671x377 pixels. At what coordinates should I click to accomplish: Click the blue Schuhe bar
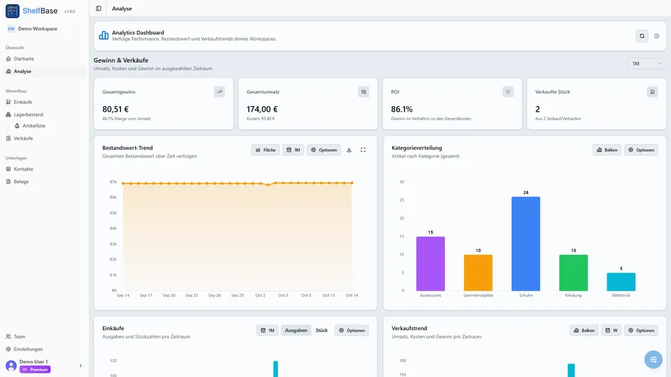pos(526,244)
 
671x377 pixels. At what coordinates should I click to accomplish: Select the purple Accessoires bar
pos(430,264)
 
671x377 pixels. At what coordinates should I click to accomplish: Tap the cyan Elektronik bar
pos(621,282)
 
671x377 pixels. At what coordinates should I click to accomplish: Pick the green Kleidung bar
pos(573,273)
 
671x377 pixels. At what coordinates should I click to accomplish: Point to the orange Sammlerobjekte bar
pos(478,273)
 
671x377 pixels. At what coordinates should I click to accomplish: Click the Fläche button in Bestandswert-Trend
pos(266,150)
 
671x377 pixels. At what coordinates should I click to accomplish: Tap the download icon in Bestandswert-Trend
pos(349,150)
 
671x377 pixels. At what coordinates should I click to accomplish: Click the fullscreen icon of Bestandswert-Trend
pos(363,150)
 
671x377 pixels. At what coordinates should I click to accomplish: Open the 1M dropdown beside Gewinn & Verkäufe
pos(647,64)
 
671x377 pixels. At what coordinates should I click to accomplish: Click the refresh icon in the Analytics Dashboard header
pos(642,36)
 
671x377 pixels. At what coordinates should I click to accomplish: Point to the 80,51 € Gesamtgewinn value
pos(115,110)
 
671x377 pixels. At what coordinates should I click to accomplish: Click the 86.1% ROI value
pos(402,110)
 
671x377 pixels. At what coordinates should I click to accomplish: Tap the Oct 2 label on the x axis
pos(260,295)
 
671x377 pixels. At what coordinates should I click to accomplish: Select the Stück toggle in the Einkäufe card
pos(322,330)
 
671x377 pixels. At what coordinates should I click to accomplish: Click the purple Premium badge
pos(35,369)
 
